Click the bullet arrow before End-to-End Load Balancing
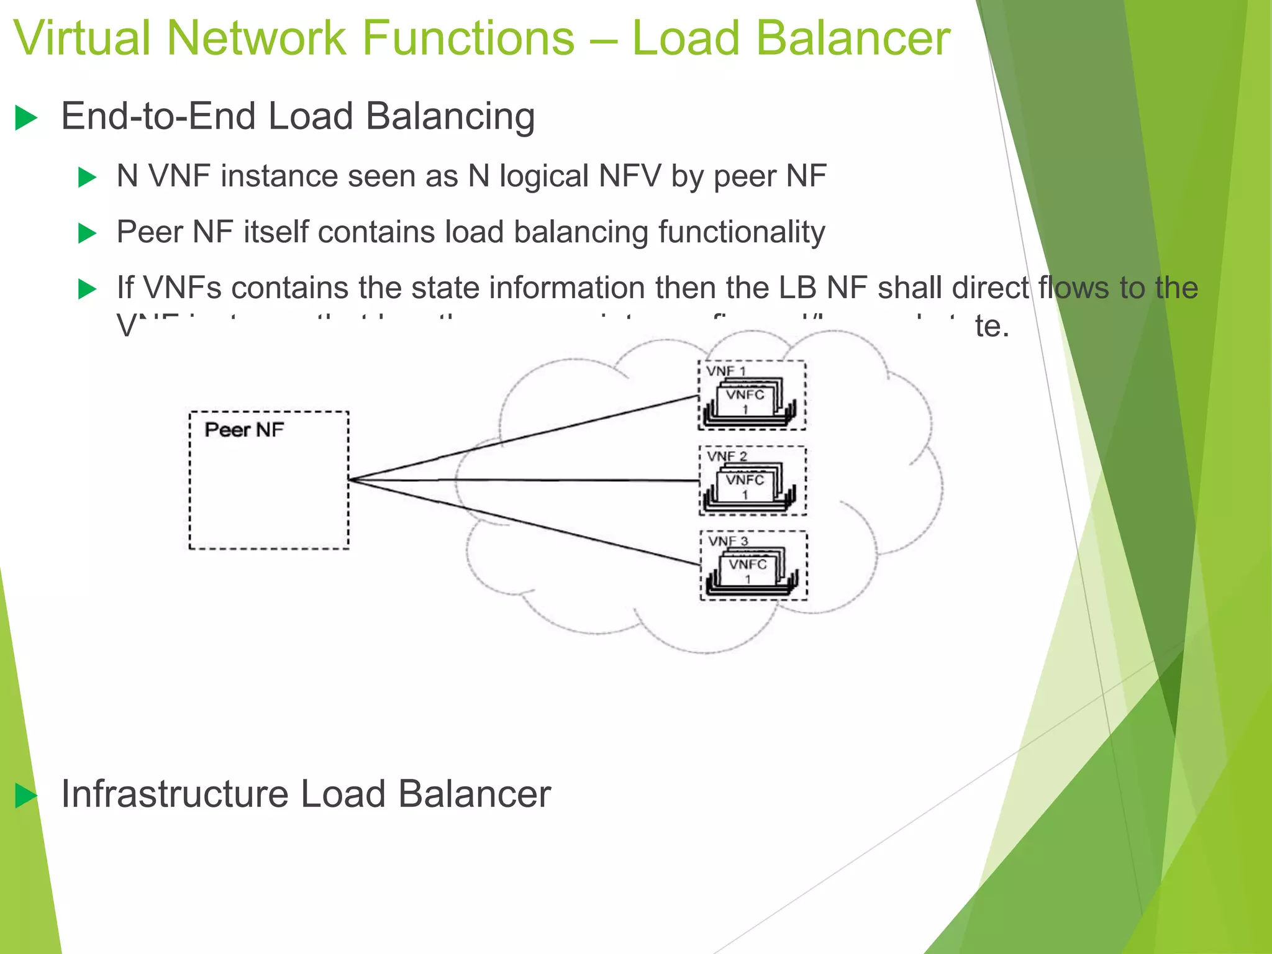click(26, 118)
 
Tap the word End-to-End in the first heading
click(158, 117)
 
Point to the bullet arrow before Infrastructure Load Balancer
click(26, 796)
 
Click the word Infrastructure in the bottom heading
click(175, 794)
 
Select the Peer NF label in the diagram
click(244, 430)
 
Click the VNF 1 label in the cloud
click(725, 371)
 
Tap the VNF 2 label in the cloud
click(726, 456)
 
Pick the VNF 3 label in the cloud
click(728, 541)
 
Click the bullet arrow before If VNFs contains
click(87, 289)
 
